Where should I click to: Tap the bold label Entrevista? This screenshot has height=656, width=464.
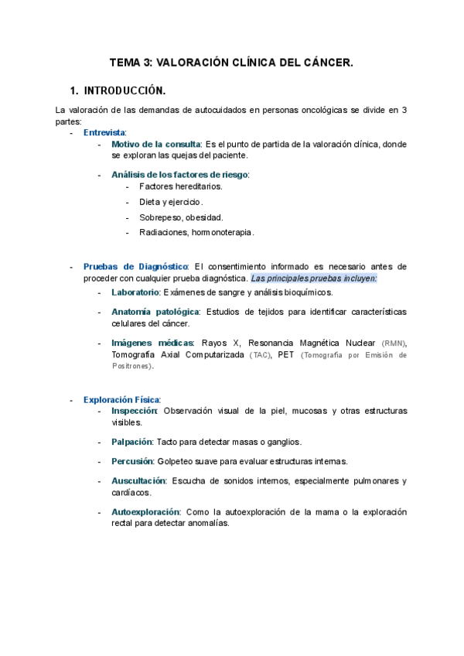click(x=104, y=132)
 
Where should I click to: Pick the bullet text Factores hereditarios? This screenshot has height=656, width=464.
click(x=181, y=186)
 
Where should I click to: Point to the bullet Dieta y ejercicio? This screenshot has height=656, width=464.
click(x=171, y=202)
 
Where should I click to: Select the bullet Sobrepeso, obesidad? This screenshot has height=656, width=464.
click(x=181, y=217)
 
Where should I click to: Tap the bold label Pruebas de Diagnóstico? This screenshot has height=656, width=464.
click(x=136, y=266)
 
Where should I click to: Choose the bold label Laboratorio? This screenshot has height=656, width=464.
click(x=135, y=292)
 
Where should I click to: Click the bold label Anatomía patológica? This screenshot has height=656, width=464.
click(x=155, y=312)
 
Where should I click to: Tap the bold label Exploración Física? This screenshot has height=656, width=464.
click(x=121, y=399)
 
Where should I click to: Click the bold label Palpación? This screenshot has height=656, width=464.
click(x=131, y=442)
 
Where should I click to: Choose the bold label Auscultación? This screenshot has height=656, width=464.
click(x=138, y=480)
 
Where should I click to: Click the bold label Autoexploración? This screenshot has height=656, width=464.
click(x=145, y=512)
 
